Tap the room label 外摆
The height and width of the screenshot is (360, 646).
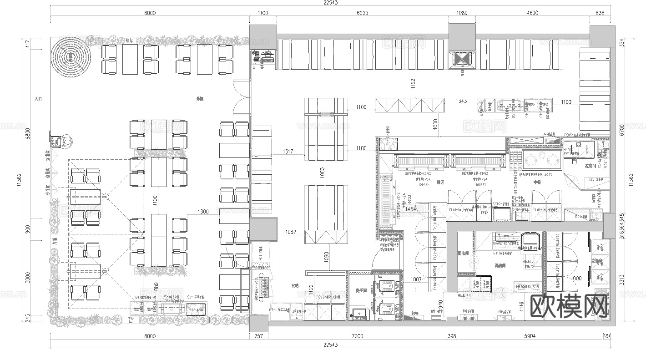[x=200, y=98]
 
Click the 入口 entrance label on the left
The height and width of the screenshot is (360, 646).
[x=38, y=98]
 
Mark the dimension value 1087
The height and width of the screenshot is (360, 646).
[x=291, y=232]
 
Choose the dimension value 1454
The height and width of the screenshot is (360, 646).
[x=411, y=209]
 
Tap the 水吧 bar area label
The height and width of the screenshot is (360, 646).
[x=295, y=286]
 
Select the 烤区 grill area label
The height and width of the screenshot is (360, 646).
[x=440, y=182]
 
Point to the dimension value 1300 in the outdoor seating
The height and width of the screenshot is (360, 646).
[x=203, y=212]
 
